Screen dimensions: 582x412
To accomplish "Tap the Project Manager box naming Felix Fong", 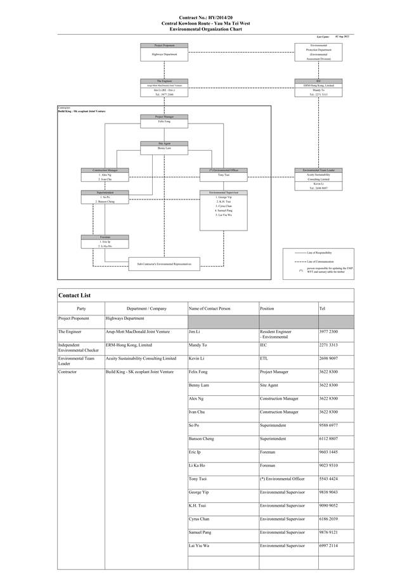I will (164, 119).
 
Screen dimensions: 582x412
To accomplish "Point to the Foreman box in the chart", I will (105, 241).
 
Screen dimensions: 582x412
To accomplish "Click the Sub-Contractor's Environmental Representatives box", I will (164, 262).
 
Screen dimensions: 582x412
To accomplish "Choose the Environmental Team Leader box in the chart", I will (318, 179).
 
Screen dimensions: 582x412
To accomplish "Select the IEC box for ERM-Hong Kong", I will (318, 88).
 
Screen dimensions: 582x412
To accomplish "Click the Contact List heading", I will (75, 295).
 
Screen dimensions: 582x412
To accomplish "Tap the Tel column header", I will (323, 308).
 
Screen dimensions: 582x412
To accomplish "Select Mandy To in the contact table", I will (198, 345).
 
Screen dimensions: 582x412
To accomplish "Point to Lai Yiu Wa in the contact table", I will (199, 545).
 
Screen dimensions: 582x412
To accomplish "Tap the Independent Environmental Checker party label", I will (79, 347).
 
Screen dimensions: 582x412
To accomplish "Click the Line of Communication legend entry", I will (319, 261).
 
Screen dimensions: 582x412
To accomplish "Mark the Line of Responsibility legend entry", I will (319, 252).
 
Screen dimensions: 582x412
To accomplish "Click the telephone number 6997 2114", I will (328, 545).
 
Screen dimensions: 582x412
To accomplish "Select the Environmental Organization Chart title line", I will (206, 28).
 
